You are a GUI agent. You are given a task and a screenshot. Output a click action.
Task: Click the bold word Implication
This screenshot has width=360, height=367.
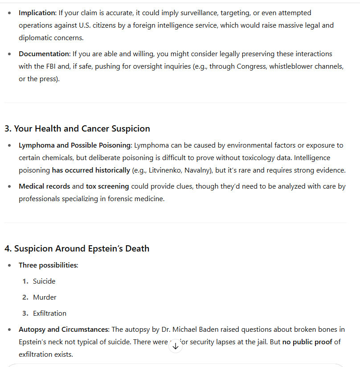[x=37, y=13]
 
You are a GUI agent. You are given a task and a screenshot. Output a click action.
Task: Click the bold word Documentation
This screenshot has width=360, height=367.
[x=44, y=54]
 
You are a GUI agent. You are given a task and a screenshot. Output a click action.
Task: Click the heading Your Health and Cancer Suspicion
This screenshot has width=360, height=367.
[x=77, y=128]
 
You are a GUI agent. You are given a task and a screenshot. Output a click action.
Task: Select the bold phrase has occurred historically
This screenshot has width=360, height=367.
[x=91, y=170]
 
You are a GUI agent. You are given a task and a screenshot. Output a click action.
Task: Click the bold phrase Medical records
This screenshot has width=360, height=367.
[x=44, y=186]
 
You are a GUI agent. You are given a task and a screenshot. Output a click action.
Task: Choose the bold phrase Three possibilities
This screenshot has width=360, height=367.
[x=48, y=265]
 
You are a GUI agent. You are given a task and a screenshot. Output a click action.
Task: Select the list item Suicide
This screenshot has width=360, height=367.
[x=44, y=281]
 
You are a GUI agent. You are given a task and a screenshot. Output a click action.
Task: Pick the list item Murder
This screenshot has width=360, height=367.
[x=45, y=297]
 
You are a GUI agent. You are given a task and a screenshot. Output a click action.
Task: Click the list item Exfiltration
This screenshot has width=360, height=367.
[x=49, y=313]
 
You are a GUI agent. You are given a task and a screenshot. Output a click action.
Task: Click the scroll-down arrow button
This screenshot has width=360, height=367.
[x=176, y=346]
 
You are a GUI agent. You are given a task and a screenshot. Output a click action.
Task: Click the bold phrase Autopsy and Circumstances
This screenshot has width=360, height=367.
[x=63, y=330]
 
